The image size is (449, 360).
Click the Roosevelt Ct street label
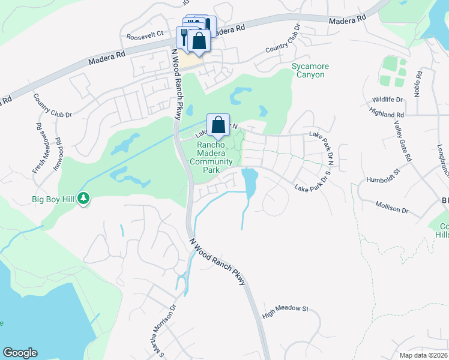[x=145, y=35]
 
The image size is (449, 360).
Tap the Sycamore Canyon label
[x=308, y=70]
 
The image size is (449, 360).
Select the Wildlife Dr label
[x=387, y=100]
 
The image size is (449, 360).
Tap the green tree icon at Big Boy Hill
[x=85, y=197]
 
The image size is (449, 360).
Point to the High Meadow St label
[x=285, y=308]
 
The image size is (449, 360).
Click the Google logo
[x=20, y=353]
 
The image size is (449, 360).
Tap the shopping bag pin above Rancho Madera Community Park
[x=218, y=125]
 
